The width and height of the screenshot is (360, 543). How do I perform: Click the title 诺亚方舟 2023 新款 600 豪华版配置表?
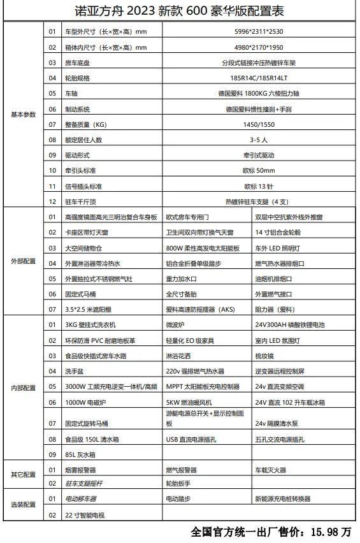(x=180, y=11)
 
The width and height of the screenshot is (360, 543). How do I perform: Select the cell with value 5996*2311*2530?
(x=259, y=31)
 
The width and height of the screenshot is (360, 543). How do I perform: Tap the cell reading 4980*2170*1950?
(x=259, y=47)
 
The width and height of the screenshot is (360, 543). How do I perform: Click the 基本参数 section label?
(x=24, y=114)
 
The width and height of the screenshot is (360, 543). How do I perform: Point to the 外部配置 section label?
(x=24, y=261)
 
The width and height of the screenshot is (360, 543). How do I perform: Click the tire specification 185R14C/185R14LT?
(x=259, y=78)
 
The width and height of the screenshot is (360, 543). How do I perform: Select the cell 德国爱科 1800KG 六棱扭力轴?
(x=259, y=93)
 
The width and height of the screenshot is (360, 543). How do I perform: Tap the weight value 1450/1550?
(x=259, y=124)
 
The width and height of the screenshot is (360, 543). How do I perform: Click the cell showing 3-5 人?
(x=259, y=140)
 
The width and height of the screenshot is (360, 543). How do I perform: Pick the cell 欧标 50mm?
(x=259, y=170)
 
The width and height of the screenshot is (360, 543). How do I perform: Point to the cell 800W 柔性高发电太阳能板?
(x=203, y=247)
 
